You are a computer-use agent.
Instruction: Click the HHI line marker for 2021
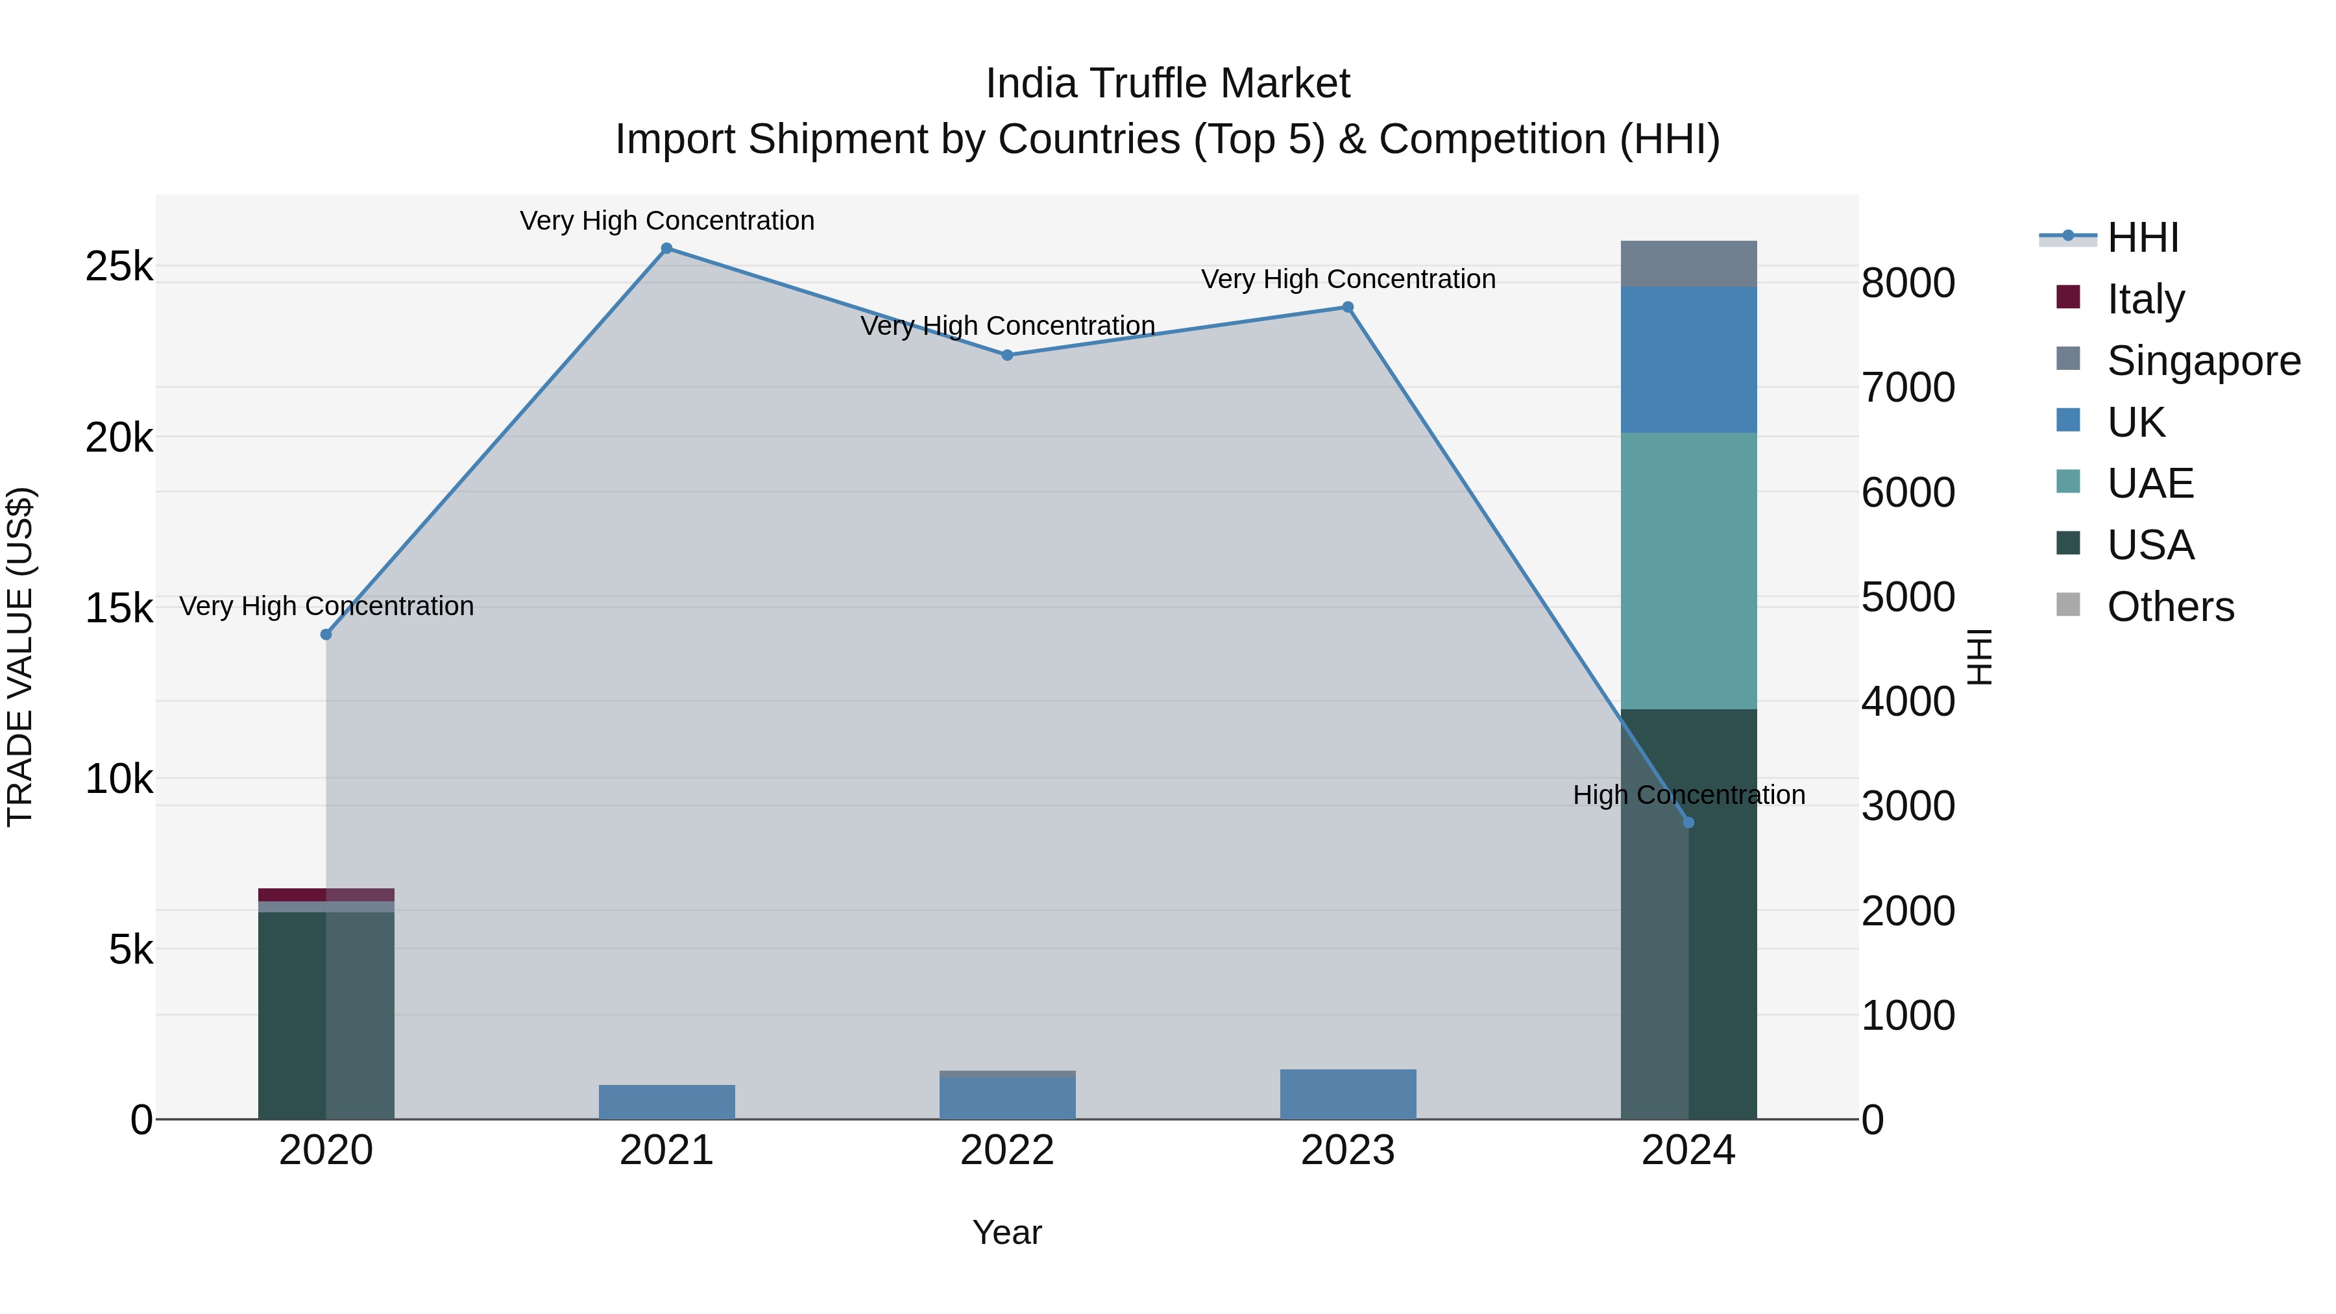(666, 249)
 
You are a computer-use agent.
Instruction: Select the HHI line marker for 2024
(1688, 823)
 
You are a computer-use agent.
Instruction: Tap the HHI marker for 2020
(326, 635)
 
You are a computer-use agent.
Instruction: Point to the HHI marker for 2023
(1348, 308)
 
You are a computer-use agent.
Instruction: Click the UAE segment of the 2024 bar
(1688, 570)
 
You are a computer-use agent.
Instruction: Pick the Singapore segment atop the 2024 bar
(1688, 264)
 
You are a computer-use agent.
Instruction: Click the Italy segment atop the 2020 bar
(326, 894)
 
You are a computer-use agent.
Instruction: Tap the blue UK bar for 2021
(666, 1102)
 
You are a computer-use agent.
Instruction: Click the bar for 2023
(1348, 1095)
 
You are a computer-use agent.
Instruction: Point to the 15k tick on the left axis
(119, 609)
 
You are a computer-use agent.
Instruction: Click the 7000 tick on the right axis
(1908, 388)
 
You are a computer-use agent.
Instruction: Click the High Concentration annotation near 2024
(1688, 796)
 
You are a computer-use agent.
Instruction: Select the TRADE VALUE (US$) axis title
(20, 657)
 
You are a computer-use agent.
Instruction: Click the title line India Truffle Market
(1167, 84)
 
